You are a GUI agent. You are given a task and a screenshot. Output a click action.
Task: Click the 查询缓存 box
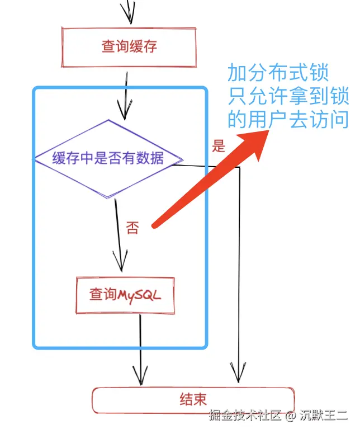tap(129, 46)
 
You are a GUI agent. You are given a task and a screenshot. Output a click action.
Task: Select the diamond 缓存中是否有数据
tap(108, 158)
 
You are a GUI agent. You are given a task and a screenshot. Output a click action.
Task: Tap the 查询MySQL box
tap(125, 294)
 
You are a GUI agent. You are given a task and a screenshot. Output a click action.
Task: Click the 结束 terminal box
tap(193, 399)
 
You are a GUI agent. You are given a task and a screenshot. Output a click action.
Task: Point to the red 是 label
tap(218, 147)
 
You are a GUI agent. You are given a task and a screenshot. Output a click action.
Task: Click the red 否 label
tap(132, 228)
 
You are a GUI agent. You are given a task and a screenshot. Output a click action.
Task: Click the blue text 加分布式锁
tap(277, 73)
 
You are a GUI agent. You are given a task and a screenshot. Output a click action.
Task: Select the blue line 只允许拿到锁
tap(287, 96)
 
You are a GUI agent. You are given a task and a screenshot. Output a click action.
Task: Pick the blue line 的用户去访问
tap(287, 119)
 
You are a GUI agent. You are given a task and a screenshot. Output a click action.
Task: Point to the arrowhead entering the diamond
tap(125, 109)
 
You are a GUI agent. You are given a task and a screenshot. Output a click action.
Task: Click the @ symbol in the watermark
tap(290, 416)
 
